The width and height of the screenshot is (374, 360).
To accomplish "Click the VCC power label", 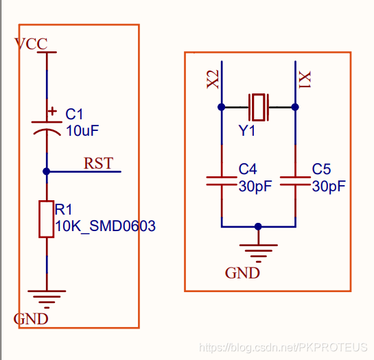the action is coord(31,44).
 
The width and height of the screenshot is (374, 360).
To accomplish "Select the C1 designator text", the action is coord(74,114).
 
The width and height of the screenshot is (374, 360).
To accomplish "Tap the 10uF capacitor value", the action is coord(82,131).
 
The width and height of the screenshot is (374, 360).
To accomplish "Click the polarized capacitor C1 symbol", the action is coord(47,129).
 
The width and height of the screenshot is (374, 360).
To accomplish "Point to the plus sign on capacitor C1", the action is coord(52,111).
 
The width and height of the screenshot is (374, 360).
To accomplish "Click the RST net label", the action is coord(98,163).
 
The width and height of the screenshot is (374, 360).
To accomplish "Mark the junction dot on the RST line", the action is coord(46,171).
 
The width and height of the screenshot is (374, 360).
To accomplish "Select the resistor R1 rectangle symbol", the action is coord(46,219).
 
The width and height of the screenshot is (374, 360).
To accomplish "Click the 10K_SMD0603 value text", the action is coord(105,226).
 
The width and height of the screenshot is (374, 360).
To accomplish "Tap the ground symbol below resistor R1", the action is coord(47,299).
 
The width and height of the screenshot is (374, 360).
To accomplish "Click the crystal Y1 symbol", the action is coord(259,107).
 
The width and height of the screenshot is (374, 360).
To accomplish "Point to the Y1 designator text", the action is coord(246,131).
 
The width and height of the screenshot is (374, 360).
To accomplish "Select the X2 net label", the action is coord(213,80).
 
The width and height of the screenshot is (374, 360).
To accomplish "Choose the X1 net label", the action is coord(305,80).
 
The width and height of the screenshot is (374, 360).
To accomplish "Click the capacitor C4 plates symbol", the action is coord(222,181).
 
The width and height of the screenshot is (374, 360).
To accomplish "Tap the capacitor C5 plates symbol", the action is coord(295,181).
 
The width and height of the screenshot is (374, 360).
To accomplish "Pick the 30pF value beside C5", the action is coord(329,187).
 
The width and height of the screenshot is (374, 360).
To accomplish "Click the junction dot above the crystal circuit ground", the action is coord(258,226).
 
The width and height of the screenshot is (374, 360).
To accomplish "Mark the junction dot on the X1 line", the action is coord(295,107).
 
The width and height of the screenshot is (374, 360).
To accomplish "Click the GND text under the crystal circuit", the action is coord(242,273).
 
